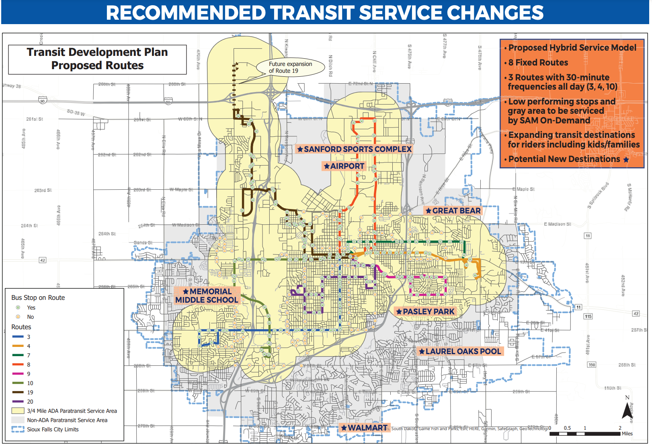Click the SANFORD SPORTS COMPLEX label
coord(354,149)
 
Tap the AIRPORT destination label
coord(344,166)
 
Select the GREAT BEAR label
coord(453,211)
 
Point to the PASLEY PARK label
coord(425,312)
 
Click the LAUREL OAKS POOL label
coord(460,351)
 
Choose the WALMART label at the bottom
coord(364,428)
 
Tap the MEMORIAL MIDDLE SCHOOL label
coord(207,295)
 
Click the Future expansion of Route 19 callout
coord(290,68)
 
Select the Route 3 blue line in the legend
coord(18,337)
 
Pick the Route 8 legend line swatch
coord(18,365)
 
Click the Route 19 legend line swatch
coord(18,392)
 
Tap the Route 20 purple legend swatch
coord(18,402)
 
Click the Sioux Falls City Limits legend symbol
coord(18,429)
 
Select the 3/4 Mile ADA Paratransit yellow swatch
coord(18,411)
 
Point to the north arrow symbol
coord(627,410)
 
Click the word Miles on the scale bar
coord(627,434)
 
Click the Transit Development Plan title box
coord(97,59)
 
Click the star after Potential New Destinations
coord(626,160)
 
